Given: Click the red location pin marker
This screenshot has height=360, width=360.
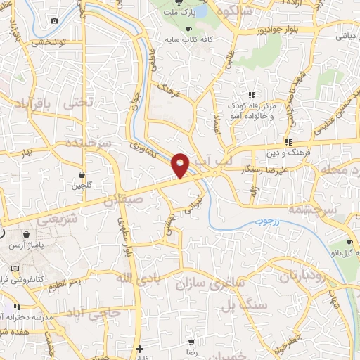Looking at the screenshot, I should tap(181, 165).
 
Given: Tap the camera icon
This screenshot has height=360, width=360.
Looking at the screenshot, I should tap(55, 20).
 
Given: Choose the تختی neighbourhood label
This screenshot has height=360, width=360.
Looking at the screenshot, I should tap(78, 102).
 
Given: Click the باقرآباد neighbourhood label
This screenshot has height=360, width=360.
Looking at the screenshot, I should tap(33, 104).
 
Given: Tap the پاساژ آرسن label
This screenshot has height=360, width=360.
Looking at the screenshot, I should tap(24, 247).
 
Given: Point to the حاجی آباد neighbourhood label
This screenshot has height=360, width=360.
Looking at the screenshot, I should tap(101, 311).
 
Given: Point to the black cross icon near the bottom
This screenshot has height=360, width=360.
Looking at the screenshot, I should tap(140, 349).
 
